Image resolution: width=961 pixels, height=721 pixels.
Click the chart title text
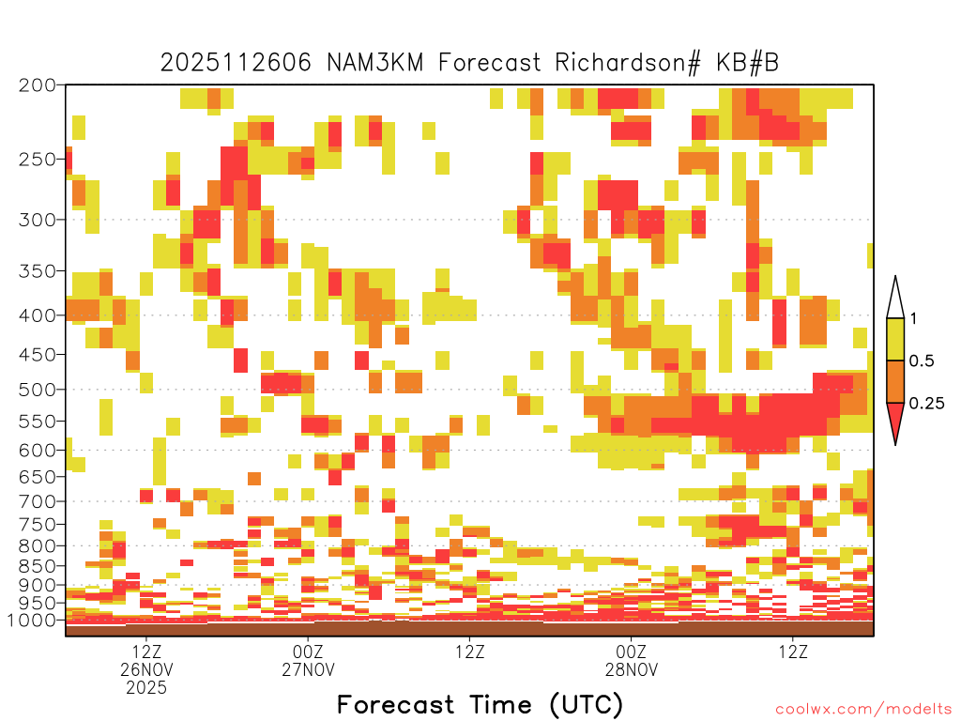click(469, 63)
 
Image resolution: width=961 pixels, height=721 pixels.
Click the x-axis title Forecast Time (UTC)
click(480, 704)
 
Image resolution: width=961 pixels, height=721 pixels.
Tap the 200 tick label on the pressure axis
click(38, 85)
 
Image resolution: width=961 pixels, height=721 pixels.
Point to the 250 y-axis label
click(38, 160)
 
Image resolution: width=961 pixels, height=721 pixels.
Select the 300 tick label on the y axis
click(38, 220)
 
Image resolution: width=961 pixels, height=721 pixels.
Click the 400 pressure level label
click(38, 315)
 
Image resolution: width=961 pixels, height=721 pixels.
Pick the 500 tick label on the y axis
click(38, 390)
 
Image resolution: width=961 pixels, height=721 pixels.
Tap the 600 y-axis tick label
click(38, 450)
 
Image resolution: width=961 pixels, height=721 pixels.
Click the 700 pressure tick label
click(38, 501)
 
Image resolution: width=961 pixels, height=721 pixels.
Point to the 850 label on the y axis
click(38, 566)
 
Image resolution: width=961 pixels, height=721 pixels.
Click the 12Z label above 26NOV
click(146, 652)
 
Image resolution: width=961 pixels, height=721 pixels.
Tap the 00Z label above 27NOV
click(308, 652)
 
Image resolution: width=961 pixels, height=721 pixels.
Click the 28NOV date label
click(632, 669)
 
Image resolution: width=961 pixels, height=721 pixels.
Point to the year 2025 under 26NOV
click(146, 688)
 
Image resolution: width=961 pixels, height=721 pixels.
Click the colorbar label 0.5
click(922, 360)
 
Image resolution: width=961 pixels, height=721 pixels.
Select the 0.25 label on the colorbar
click(926, 403)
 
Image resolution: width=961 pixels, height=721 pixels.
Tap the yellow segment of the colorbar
click(895, 339)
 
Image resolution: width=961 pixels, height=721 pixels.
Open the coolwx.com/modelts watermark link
click(863, 710)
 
